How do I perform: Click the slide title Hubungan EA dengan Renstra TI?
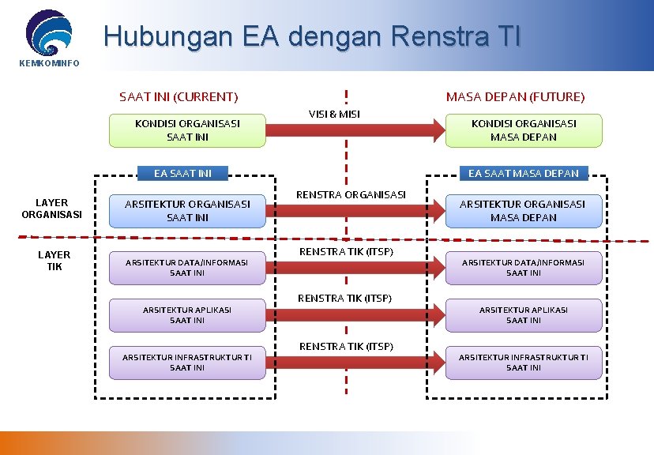[312, 36]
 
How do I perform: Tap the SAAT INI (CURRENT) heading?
[179, 97]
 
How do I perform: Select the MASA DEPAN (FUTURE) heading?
[515, 97]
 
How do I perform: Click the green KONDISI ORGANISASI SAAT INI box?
[187, 130]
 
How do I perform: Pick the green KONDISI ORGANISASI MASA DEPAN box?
[524, 130]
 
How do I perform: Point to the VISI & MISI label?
[334, 115]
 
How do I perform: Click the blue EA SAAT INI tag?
[182, 173]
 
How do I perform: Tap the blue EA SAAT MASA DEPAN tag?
[523, 173]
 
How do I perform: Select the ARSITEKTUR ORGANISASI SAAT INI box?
[187, 211]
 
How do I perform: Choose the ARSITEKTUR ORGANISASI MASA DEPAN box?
[523, 211]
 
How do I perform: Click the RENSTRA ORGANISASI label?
[351, 194]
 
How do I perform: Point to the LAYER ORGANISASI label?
[52, 209]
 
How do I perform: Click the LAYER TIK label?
[54, 261]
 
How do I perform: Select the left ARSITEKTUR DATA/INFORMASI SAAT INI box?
[187, 268]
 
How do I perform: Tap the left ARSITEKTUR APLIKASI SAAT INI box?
[187, 315]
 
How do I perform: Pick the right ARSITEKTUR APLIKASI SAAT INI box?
[523, 315]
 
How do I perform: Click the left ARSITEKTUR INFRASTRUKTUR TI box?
[187, 363]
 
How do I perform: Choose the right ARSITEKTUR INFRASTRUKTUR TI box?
[523, 363]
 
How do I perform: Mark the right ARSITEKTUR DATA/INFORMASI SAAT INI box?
[523, 268]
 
